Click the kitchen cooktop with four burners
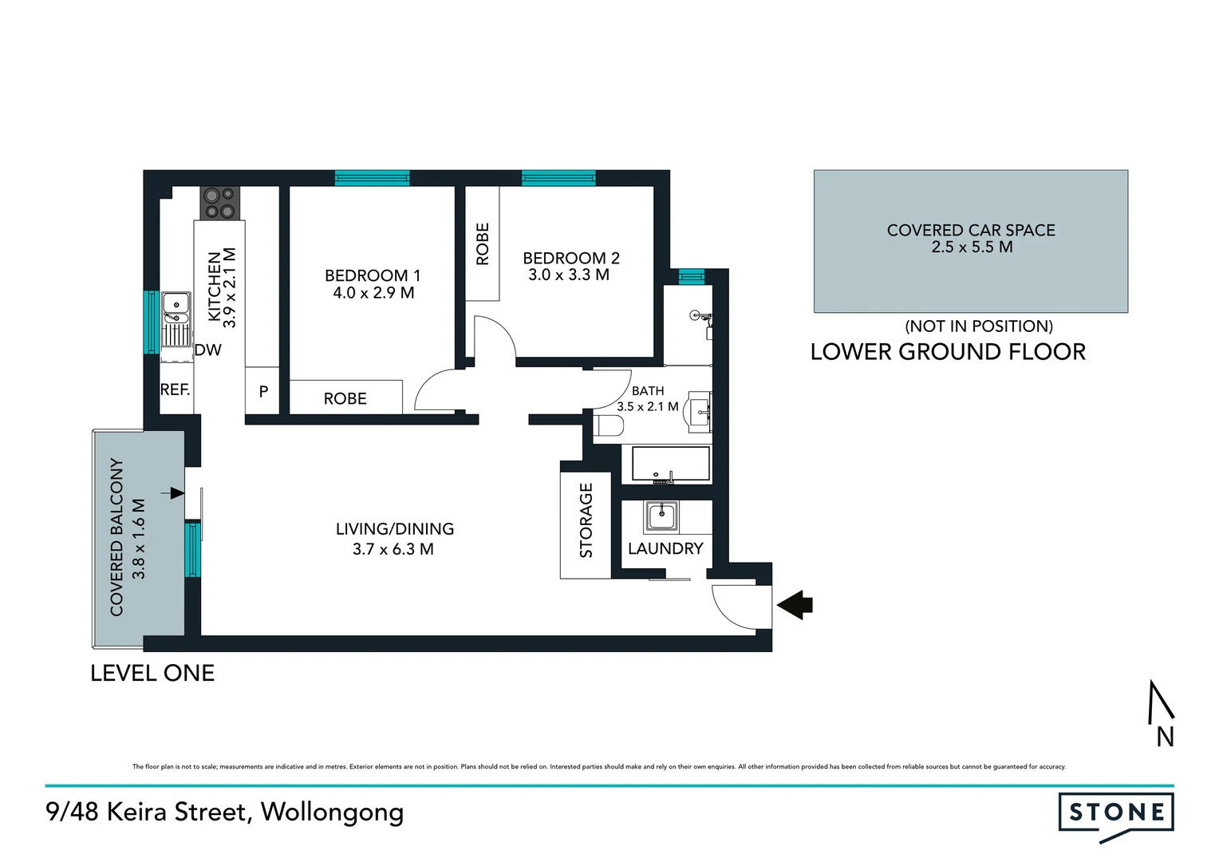(219, 202)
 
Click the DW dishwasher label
(207, 350)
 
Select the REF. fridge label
(176, 389)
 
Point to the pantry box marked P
(262, 392)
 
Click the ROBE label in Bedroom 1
(345, 398)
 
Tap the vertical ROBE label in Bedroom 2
(482, 243)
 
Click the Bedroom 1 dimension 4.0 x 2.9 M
(373, 293)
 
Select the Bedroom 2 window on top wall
(558, 177)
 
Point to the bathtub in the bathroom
(671, 464)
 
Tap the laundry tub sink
(661, 517)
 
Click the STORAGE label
(586, 520)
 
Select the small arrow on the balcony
(172, 493)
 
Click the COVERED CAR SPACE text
(970, 230)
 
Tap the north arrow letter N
(1165, 737)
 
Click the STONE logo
(1115, 814)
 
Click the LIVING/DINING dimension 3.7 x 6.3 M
(393, 549)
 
